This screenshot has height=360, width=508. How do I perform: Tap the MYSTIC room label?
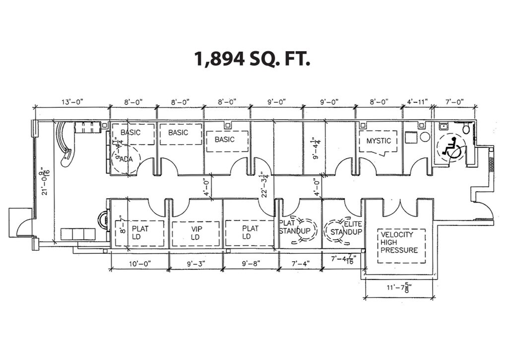[379, 141]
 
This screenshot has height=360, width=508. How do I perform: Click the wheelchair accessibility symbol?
[450, 148]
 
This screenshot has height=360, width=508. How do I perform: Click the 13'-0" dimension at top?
[72, 102]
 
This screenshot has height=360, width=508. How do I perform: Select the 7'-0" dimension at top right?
[454, 102]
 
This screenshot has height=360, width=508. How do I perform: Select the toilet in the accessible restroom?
[466, 129]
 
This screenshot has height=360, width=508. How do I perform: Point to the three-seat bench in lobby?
[78, 234]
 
